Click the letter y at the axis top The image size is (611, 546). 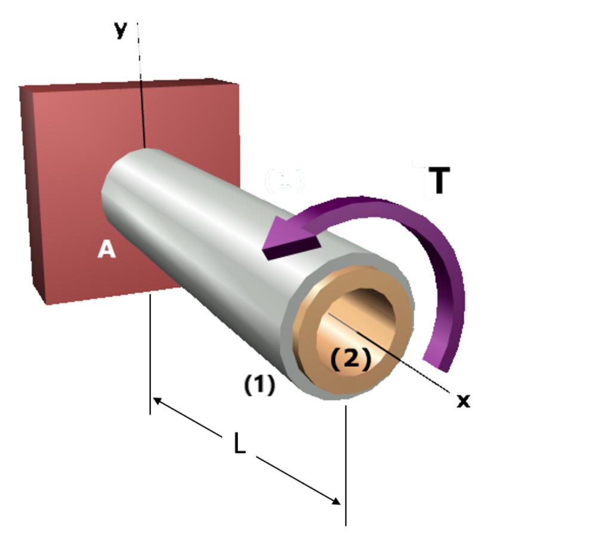click(x=121, y=30)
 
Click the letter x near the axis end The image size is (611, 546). click(x=463, y=401)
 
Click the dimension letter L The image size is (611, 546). click(x=239, y=444)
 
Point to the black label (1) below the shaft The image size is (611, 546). click(x=260, y=385)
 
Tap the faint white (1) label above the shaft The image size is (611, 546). click(x=285, y=180)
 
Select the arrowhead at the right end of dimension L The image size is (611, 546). click(x=337, y=500)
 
